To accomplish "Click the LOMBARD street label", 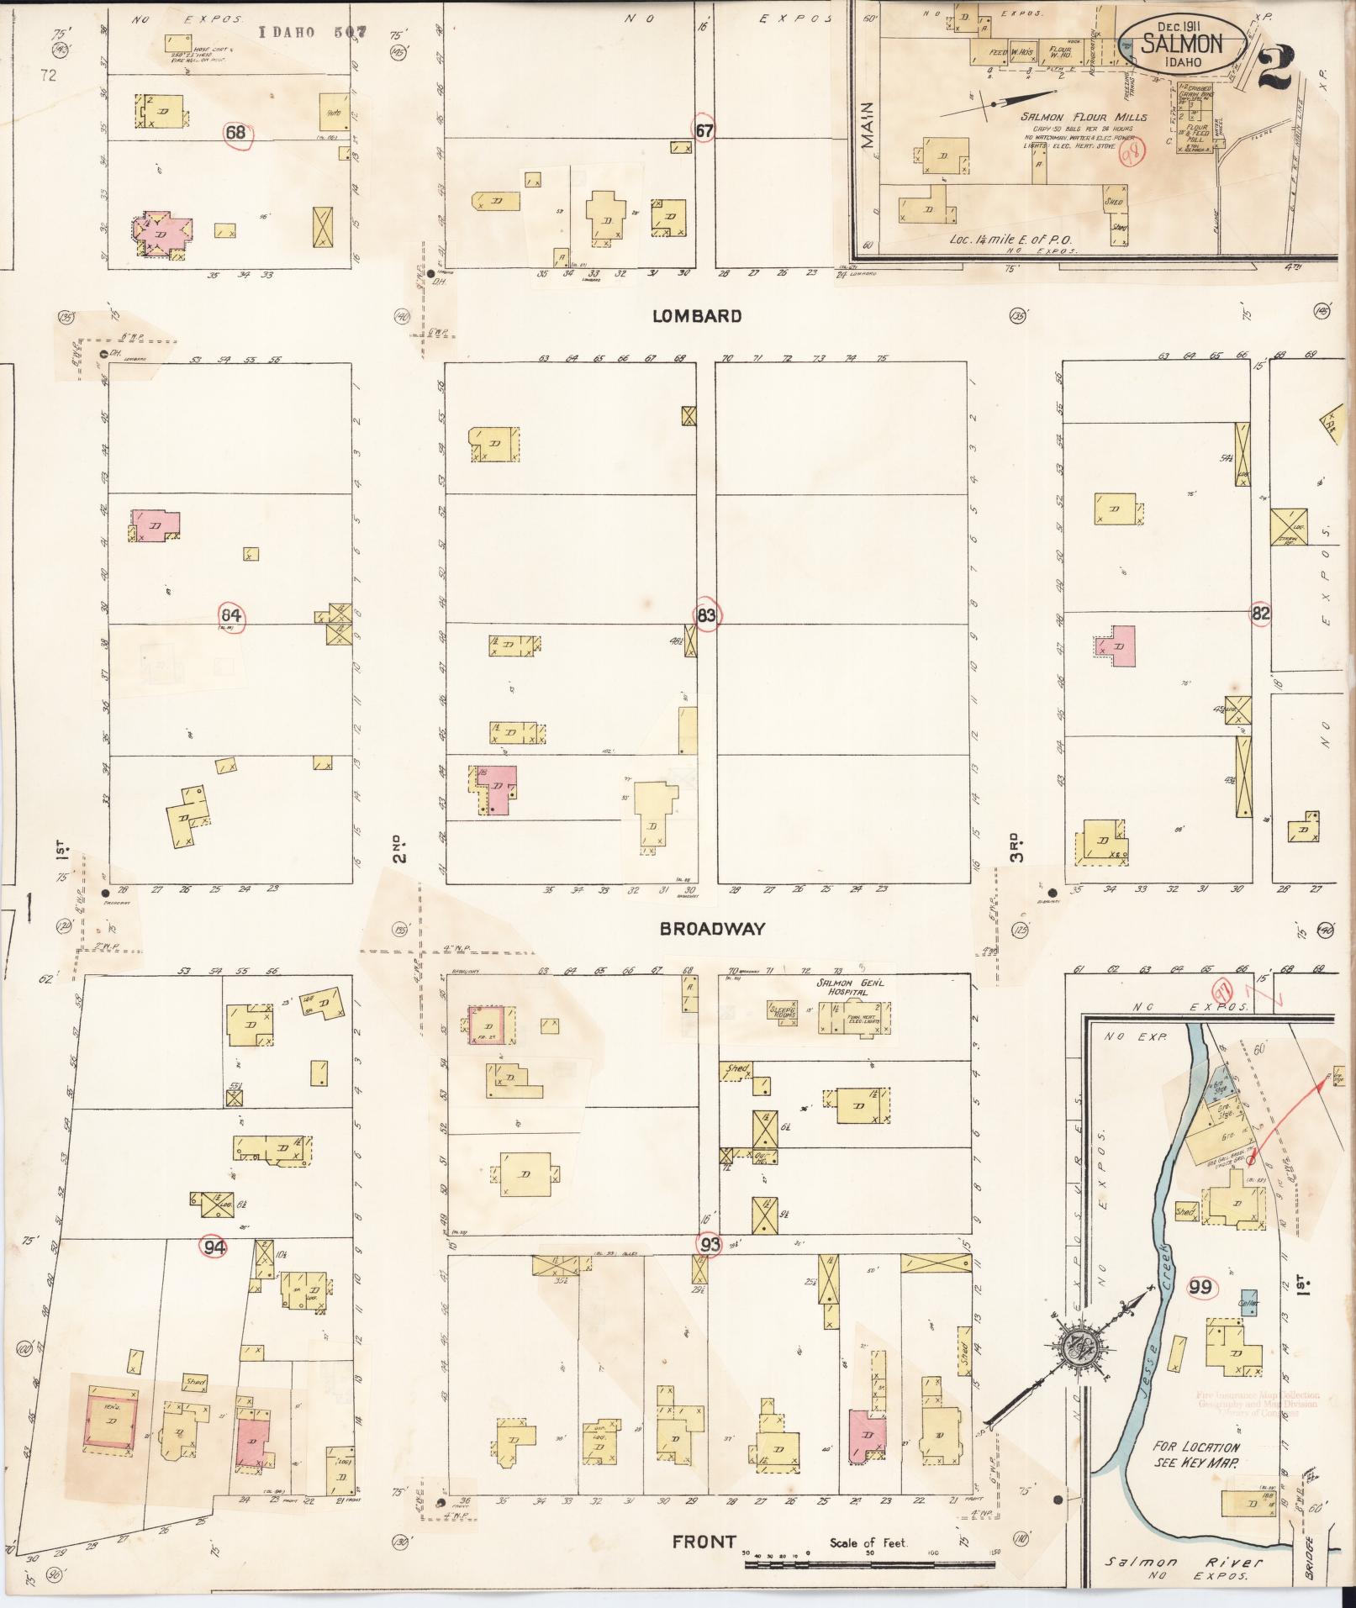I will (x=698, y=317).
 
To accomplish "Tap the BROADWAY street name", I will (x=712, y=929).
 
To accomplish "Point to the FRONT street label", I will (x=704, y=1542).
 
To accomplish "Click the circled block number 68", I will (x=235, y=133).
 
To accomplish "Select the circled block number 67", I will (x=704, y=130).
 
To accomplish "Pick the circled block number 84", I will (x=232, y=616).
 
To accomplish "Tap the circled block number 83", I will (x=706, y=616).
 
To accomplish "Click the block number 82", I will (x=1259, y=614).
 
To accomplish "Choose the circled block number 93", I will (x=711, y=1244).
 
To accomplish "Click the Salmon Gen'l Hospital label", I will (x=847, y=988).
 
